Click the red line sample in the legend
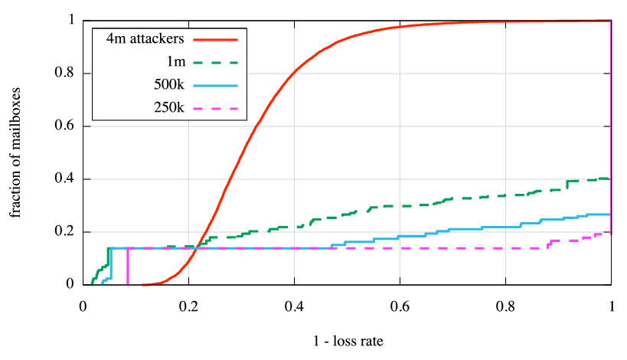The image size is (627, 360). tap(216, 38)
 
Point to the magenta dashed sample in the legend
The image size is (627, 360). tap(216, 109)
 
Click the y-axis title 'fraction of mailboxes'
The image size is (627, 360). tap(16, 153)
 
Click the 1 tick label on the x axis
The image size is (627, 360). tap(611, 306)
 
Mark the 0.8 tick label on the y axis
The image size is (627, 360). tap(66, 74)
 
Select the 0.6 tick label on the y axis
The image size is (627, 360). tap(66, 126)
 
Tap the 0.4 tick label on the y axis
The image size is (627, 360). tap(66, 179)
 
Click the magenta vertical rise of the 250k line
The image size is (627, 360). tap(128, 267)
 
